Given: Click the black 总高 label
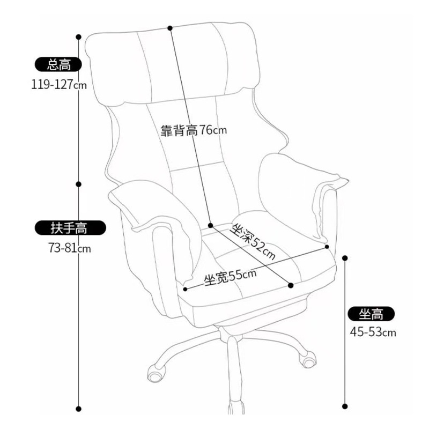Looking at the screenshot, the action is tap(58, 65).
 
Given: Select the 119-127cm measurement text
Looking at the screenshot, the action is tap(58, 84).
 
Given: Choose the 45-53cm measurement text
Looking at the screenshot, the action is tap(373, 332).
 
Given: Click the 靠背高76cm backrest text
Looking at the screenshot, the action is tap(194, 131).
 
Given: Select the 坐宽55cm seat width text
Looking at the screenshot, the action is tap(230, 277).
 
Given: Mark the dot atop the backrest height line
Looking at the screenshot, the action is tap(170, 27).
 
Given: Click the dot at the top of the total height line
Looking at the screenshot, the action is tap(79, 37).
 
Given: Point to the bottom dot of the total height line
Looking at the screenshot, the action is tap(79, 409).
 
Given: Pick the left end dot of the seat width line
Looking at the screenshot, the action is tap(186, 289).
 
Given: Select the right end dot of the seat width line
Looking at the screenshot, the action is tap(327, 247).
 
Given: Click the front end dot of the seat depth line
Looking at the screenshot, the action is tap(291, 285).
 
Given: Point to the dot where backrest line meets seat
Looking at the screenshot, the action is tap(211, 225).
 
